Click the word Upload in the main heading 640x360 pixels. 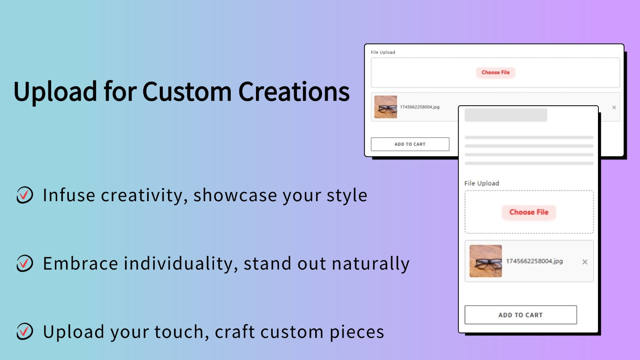(x=55, y=92)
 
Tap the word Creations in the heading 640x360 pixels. (x=294, y=92)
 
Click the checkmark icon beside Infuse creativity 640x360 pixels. (x=25, y=195)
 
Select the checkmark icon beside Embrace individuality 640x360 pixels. (x=25, y=263)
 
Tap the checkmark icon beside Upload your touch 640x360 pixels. (x=25, y=332)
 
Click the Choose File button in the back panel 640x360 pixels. (x=496, y=72)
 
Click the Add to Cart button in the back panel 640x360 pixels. (x=410, y=144)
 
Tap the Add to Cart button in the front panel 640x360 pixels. (x=520, y=315)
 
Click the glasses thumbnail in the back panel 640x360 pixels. (x=386, y=107)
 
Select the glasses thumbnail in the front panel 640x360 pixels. (x=486, y=261)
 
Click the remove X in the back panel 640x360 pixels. (x=614, y=108)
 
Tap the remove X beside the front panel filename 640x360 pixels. (x=585, y=262)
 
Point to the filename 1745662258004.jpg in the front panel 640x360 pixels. (x=534, y=261)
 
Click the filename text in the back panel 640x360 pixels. (x=420, y=107)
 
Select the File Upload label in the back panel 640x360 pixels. (x=383, y=52)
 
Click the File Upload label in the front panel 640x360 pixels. (x=482, y=183)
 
